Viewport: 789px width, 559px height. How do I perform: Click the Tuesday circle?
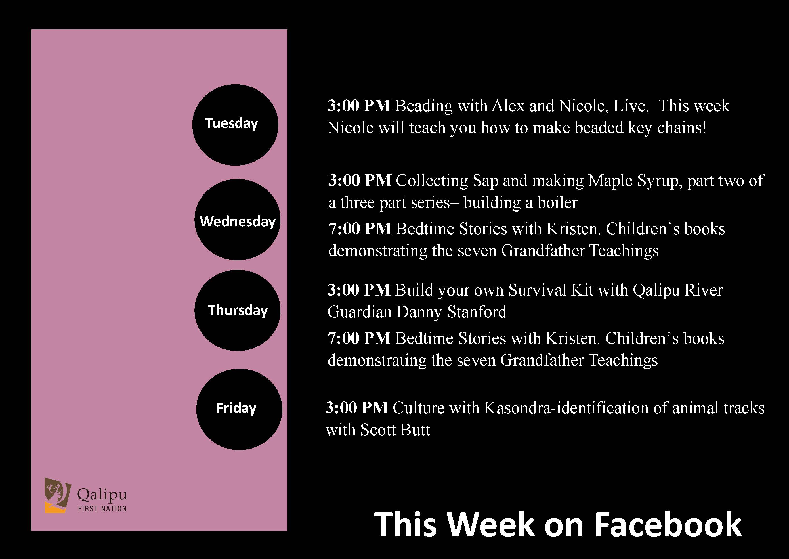pos(235,125)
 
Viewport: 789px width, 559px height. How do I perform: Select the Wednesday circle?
pos(238,220)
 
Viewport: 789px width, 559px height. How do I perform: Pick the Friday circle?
pos(239,409)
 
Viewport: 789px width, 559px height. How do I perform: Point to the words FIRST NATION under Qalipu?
pos(102,509)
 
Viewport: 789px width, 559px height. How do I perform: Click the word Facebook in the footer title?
pos(668,524)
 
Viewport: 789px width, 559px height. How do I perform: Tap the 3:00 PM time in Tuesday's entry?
pos(359,106)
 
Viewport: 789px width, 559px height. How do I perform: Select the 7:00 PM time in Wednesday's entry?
pos(360,229)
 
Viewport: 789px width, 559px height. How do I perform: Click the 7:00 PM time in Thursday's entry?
pos(359,338)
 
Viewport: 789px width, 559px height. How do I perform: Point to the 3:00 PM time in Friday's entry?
pos(357,408)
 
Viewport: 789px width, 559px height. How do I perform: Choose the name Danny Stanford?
pos(451,312)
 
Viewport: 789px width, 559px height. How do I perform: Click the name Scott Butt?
pos(395,430)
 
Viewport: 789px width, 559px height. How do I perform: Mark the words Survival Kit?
pos(551,290)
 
